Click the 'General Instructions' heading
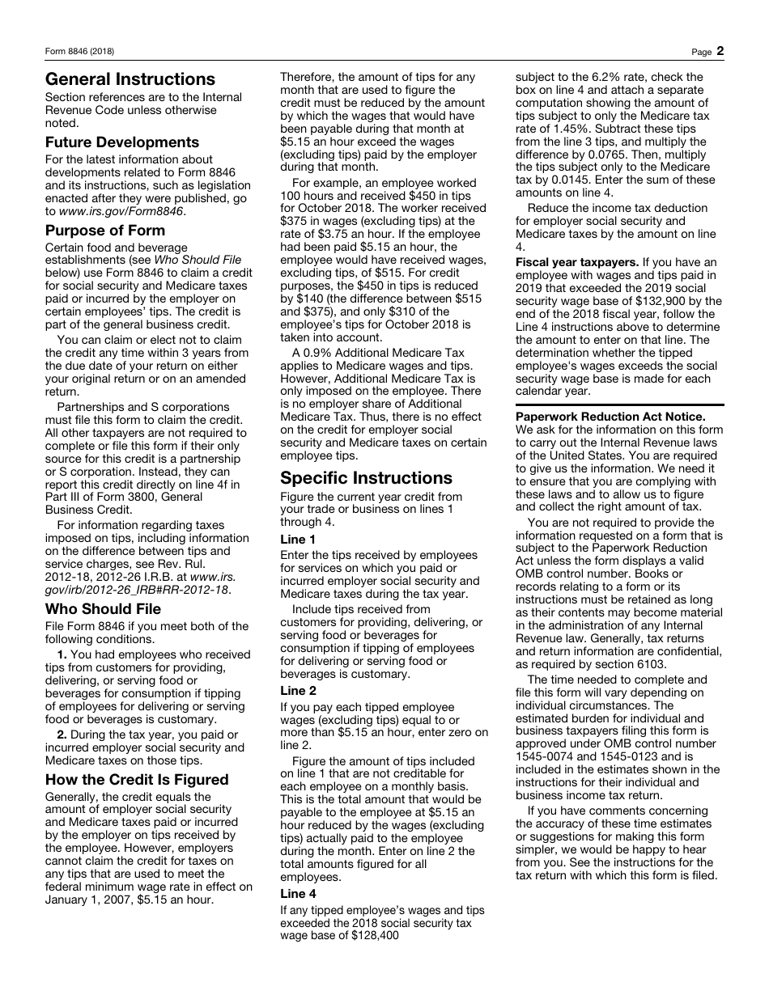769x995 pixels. click(130, 79)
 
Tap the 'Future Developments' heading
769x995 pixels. click(122, 142)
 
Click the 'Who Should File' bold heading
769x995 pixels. click(103, 609)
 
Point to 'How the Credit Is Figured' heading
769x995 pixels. click(137, 780)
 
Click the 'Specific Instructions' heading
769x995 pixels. click(366, 478)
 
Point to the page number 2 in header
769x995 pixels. click(720, 51)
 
